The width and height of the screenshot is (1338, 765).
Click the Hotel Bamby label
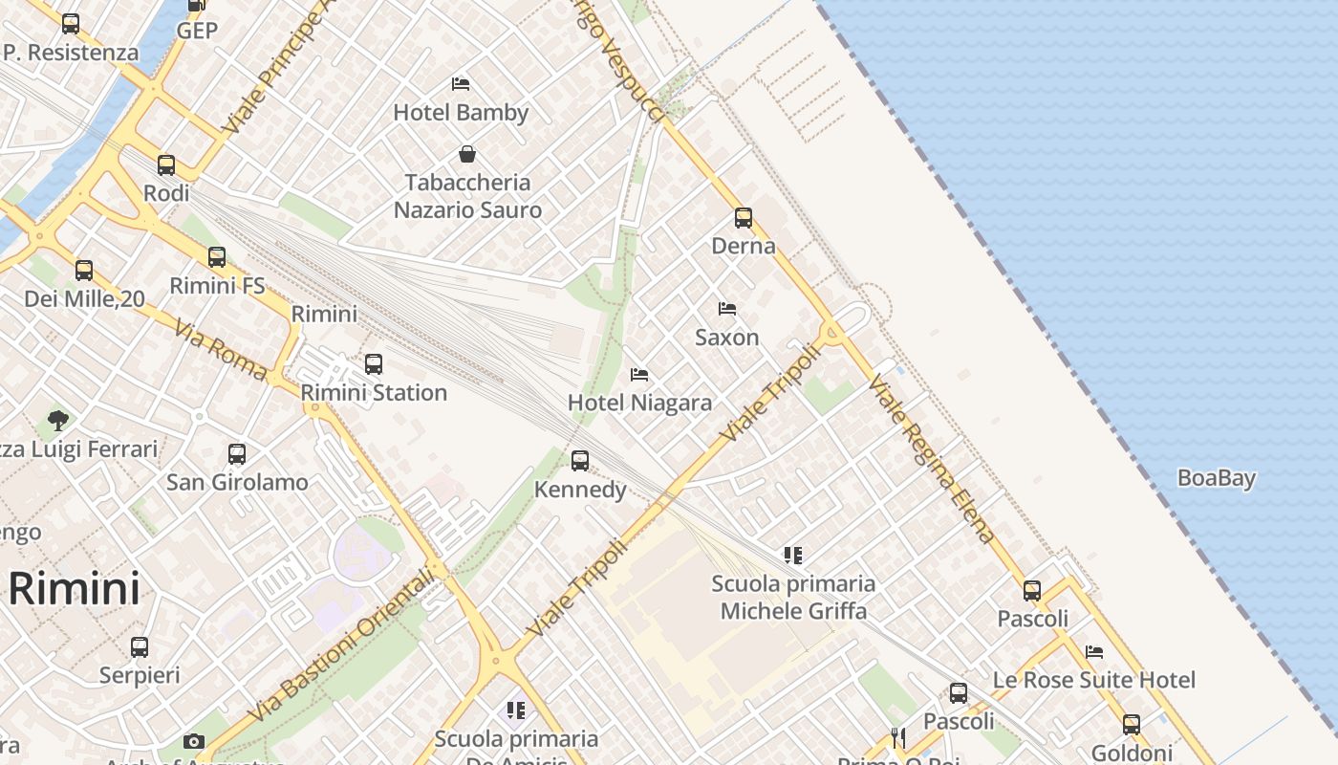pyautogui.click(x=461, y=113)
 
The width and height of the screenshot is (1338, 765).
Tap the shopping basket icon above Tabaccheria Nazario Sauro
pyautogui.click(x=467, y=154)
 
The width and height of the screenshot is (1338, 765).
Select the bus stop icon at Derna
pyautogui.click(x=744, y=218)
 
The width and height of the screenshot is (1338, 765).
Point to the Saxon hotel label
pyautogui.click(x=727, y=338)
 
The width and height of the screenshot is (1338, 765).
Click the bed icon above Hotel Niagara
pyautogui.click(x=639, y=374)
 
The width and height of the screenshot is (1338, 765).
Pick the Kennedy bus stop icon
pyautogui.click(x=580, y=462)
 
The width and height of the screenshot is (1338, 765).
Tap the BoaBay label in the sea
pyautogui.click(x=1216, y=478)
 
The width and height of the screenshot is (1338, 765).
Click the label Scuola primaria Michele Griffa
pyautogui.click(x=793, y=597)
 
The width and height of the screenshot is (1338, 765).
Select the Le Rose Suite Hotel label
pyautogui.click(x=1094, y=680)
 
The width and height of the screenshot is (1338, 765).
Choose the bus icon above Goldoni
pyautogui.click(x=1132, y=724)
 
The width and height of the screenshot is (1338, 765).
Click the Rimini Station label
pyautogui.click(x=374, y=392)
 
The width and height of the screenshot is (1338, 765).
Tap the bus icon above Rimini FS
pyautogui.click(x=217, y=256)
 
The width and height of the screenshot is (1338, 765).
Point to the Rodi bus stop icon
pyautogui.click(x=166, y=164)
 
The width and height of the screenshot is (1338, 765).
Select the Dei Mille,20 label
pyautogui.click(x=84, y=299)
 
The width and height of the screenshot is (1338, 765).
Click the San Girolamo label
pyautogui.click(x=237, y=482)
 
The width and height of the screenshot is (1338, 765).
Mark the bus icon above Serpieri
pyautogui.click(x=140, y=647)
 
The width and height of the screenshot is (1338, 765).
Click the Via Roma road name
pyautogui.click(x=221, y=351)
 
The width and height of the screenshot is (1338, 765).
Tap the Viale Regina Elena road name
pyautogui.click(x=932, y=459)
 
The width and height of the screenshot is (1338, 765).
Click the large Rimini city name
pyautogui.click(x=75, y=588)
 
